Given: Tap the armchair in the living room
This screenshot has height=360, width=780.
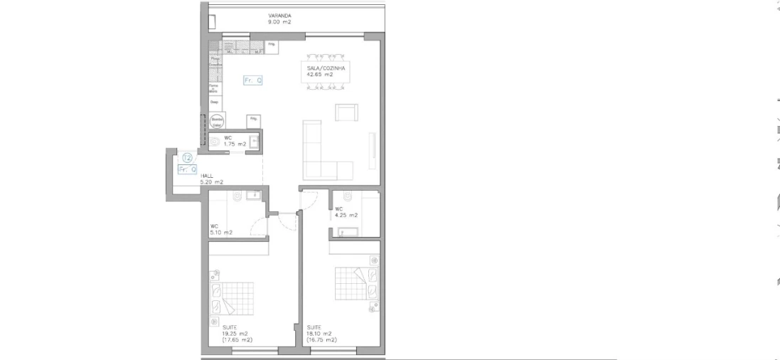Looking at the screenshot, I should click(346, 114).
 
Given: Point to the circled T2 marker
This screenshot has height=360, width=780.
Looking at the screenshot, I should click(188, 158).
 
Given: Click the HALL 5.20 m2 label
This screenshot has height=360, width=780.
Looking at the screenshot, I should click(213, 179).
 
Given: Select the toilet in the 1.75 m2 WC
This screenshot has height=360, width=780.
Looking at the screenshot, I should click(214, 142).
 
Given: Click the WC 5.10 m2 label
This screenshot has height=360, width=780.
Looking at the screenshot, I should click(221, 230).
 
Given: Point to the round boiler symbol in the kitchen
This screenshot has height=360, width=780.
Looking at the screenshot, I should click(216, 121).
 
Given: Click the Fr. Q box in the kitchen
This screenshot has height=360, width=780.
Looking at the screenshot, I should click(252, 80).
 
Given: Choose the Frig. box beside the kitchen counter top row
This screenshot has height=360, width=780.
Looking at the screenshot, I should click(272, 46).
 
